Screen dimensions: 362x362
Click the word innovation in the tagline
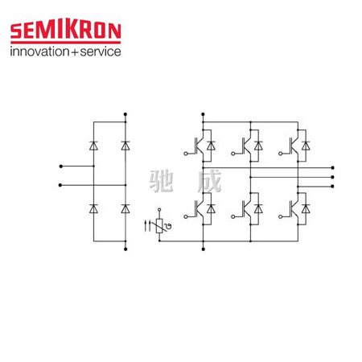click(39, 51)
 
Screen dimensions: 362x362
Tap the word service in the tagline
click(101, 51)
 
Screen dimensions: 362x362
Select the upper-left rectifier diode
click(93, 146)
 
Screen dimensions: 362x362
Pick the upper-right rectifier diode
click(125, 146)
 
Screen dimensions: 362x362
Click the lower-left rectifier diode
click(93, 208)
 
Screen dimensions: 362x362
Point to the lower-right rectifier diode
click(125, 208)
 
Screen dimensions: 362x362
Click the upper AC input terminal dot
click(61, 167)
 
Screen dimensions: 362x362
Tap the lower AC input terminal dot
click(60, 185)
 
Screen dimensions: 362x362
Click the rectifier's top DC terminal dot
click(125, 114)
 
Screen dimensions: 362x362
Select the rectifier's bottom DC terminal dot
click(125, 249)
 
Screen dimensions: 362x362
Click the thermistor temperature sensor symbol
click(159, 226)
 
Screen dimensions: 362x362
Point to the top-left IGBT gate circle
click(186, 154)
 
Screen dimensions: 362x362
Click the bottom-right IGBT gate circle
click(281, 216)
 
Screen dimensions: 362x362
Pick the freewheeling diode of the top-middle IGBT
click(258, 146)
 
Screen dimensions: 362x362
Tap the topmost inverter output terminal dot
click(333, 167)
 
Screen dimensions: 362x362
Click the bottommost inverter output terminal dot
click(333, 187)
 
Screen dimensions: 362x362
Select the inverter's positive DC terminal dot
click(203, 114)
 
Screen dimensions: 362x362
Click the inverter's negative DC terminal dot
click(204, 249)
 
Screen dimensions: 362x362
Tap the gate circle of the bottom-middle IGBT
click(233, 216)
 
